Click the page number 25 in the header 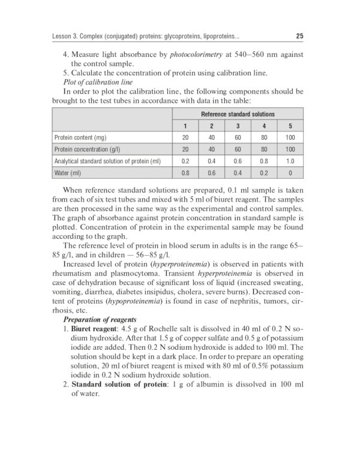(299, 37)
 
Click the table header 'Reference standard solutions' (238, 114)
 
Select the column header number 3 (238, 126)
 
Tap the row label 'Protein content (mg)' (80, 137)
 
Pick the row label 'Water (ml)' (67, 173)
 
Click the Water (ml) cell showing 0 (290, 173)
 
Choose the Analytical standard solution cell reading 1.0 (290, 161)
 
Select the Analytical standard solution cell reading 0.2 (185, 161)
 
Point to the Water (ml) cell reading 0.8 (185, 173)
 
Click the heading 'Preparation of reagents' (100, 319)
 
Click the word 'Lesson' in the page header (64, 37)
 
